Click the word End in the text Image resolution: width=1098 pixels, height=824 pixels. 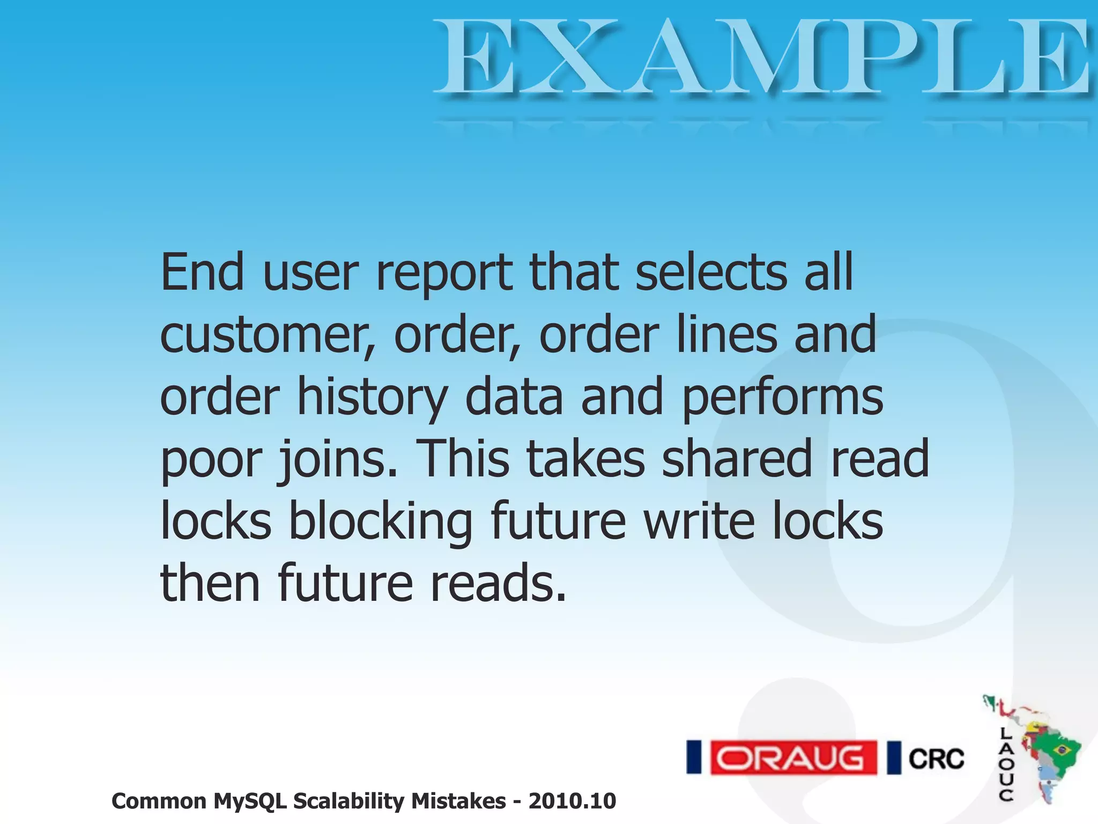(202, 272)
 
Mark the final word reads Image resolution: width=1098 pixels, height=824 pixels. (498, 583)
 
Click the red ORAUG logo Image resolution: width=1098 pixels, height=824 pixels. (793, 757)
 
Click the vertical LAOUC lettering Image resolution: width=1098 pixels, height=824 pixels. (1006, 764)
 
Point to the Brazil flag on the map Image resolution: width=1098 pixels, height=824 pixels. (1062, 749)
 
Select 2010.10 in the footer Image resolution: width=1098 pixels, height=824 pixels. (572, 801)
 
